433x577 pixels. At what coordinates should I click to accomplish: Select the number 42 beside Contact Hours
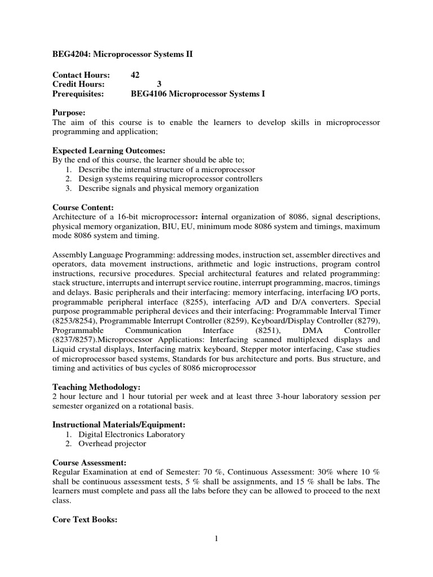coord(135,75)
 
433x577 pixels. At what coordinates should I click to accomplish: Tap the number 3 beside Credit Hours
coord(158,85)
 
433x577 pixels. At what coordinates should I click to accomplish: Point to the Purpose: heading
coord(69,113)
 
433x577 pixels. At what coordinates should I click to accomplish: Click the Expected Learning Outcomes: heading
coord(109,150)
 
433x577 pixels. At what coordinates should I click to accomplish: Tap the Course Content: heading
coord(83,207)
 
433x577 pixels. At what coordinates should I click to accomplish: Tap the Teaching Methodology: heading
coord(96,387)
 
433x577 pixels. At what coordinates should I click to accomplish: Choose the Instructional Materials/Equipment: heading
coord(118,424)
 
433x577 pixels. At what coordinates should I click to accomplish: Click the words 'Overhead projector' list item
coord(112,443)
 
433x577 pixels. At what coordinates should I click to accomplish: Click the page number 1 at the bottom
coord(216,539)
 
